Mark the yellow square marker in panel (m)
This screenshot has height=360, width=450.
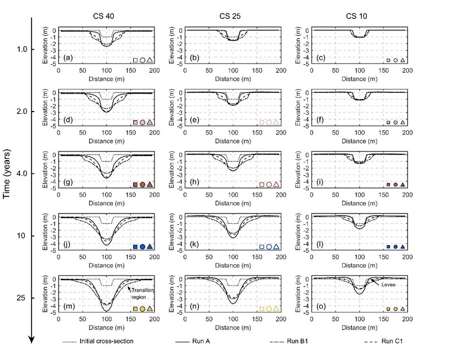click(x=135, y=309)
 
